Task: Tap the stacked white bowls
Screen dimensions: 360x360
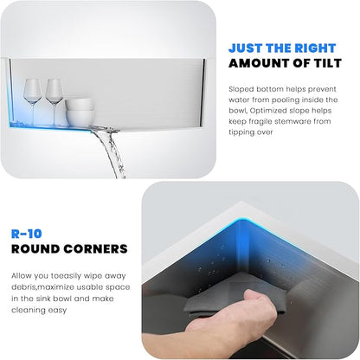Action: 80,112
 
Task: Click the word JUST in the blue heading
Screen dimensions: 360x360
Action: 245,48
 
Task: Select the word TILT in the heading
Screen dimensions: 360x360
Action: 327,63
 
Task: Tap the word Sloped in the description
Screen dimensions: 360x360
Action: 241,89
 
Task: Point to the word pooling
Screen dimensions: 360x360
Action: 286,100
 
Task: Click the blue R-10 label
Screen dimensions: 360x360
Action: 27,234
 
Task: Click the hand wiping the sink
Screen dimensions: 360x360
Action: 231,314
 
